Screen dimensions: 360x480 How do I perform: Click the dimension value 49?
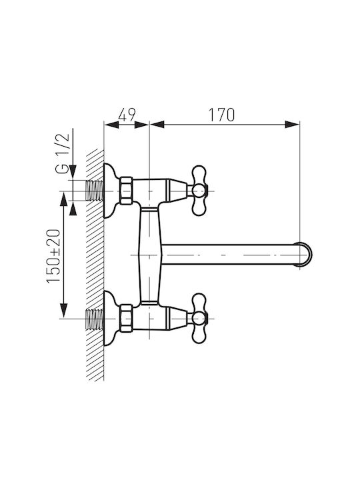(127, 115)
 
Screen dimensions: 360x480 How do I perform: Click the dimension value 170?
(221, 115)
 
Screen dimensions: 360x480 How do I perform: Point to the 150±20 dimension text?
(53, 256)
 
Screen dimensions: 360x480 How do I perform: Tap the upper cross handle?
(199, 191)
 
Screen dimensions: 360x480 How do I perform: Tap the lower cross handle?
(199, 319)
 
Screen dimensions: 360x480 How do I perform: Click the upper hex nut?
(126, 191)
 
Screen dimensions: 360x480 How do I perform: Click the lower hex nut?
(126, 319)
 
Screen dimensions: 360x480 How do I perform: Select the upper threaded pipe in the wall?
(94, 191)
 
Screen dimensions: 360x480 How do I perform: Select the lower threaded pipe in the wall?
(94, 319)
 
